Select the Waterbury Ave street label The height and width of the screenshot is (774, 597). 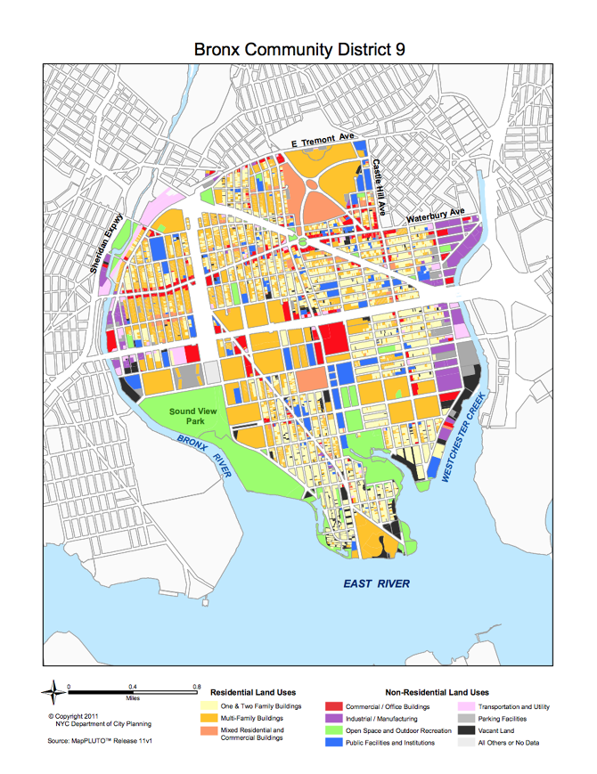pyautogui.click(x=436, y=215)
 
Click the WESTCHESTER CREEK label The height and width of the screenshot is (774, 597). pyautogui.click(x=462, y=437)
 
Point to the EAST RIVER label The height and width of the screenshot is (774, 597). pyautogui.click(x=377, y=583)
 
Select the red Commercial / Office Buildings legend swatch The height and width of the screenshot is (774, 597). pyautogui.click(x=331, y=707)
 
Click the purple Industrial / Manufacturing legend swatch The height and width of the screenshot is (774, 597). pyautogui.click(x=331, y=719)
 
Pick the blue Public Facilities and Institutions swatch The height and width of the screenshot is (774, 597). pyautogui.click(x=331, y=742)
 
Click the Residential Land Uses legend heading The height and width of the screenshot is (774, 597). pyautogui.click(x=253, y=692)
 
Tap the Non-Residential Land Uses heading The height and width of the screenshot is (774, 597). pyautogui.click(x=437, y=692)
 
